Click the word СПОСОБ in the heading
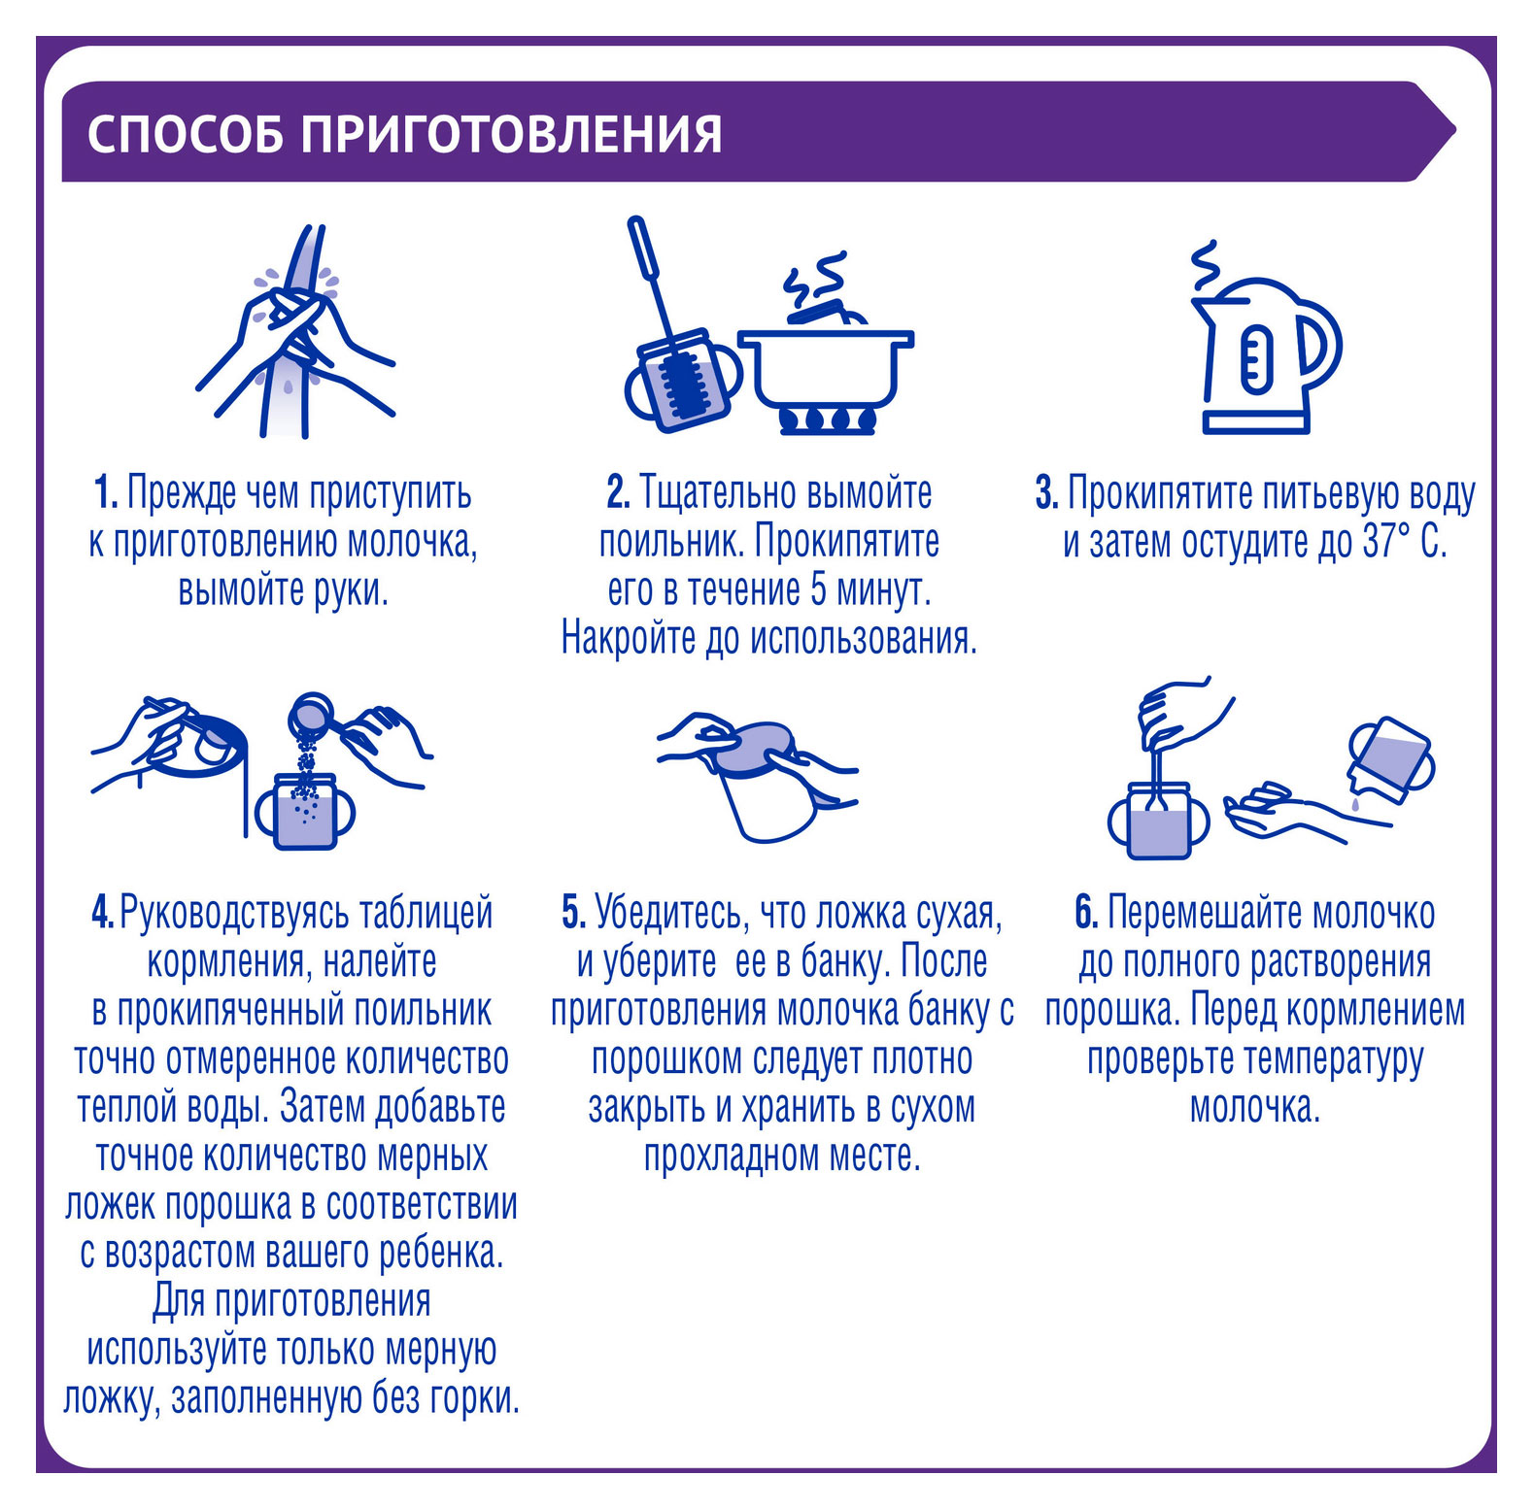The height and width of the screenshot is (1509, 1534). pos(186,134)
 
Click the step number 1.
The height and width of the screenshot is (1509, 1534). pos(106,493)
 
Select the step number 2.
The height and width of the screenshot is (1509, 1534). pos(618,493)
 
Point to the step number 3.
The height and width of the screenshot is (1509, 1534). pos(1046,493)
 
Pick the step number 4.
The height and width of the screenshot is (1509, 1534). pos(103,913)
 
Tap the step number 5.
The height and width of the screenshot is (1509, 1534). pos(573,913)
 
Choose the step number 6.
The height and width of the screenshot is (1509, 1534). pos(1086,913)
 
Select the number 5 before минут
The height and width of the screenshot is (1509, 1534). pos(819,590)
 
